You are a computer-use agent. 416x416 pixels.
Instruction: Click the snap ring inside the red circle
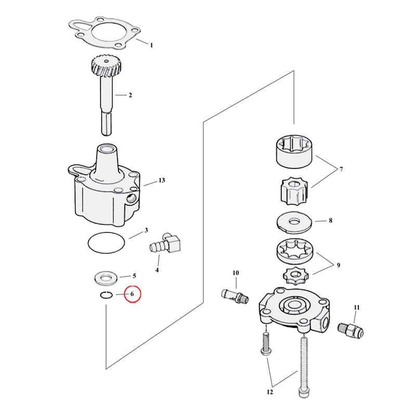pos(107,296)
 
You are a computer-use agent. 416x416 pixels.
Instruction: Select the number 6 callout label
pos(132,295)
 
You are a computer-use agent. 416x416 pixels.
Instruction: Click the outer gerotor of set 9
pos(295,251)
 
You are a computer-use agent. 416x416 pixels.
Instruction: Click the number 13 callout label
pos(162,180)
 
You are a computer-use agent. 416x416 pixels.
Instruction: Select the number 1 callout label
pos(151,45)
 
